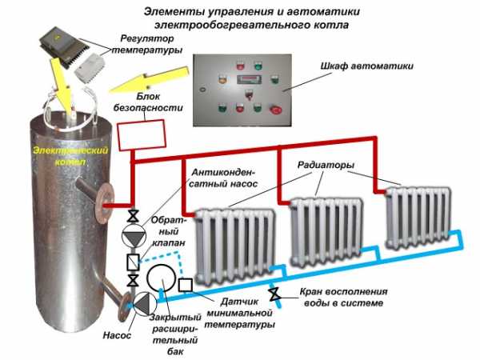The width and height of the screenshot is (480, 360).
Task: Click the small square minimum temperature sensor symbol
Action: click(x=186, y=285)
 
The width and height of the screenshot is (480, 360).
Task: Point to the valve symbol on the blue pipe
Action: click(x=274, y=293)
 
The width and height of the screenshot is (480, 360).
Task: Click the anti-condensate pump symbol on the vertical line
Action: click(x=133, y=238)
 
